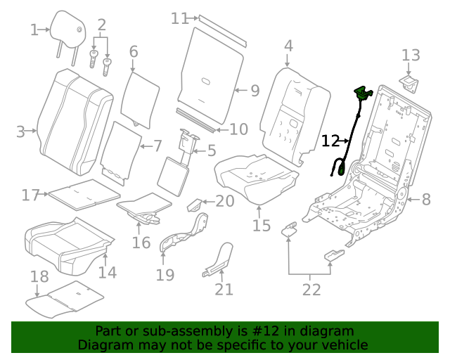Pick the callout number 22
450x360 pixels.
311,289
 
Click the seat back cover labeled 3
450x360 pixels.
74,123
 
